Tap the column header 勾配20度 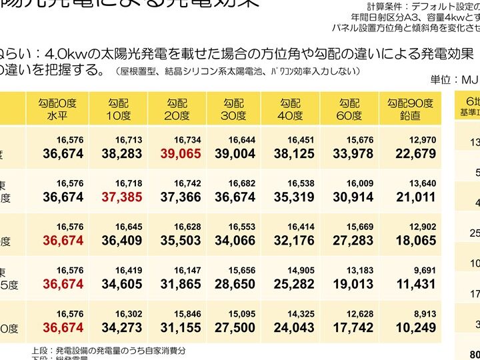177,109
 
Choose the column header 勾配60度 349,109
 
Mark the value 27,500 235,327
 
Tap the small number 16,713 129,141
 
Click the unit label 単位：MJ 455,79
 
